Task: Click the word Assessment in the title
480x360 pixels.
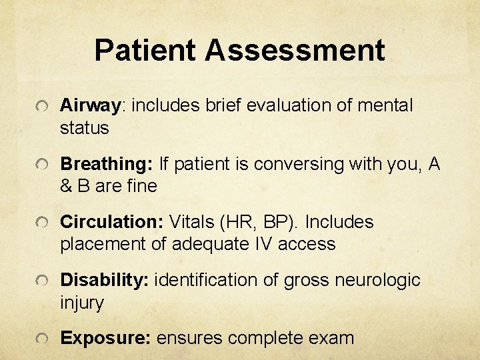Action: pyautogui.click(x=295, y=51)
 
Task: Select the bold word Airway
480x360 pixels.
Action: pyautogui.click(x=89, y=105)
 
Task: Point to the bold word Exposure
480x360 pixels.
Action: pyautogui.click(x=105, y=338)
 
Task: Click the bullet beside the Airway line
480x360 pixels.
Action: pyautogui.click(x=42, y=107)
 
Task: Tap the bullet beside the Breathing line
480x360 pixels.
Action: pyautogui.click(x=42, y=165)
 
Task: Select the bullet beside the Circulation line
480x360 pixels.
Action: pyautogui.click(x=42, y=223)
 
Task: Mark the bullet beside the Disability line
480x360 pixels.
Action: pyautogui.click(x=42, y=281)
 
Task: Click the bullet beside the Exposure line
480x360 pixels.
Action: pyautogui.click(x=42, y=339)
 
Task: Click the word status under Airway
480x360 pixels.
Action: pyautogui.click(x=84, y=128)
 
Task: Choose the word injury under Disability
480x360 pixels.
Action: pyautogui.click(x=82, y=303)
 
